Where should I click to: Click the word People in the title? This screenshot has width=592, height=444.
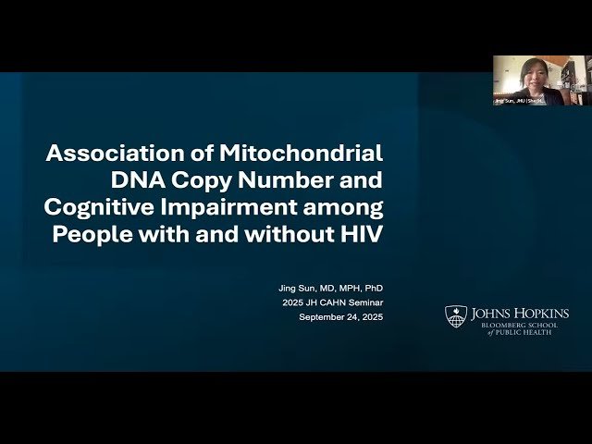(92, 233)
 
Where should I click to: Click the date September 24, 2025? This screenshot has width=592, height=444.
(339, 317)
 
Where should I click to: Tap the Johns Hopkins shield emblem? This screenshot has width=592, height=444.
(456, 315)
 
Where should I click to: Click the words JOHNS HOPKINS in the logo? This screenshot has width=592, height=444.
(520, 314)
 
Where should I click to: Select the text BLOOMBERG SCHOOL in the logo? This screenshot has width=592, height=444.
(520, 325)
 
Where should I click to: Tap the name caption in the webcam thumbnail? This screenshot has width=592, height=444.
(519, 100)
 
